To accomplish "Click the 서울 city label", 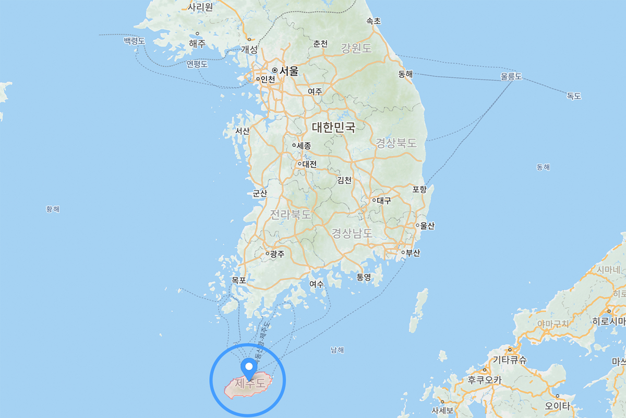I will pos(288,70).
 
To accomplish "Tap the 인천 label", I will pos(267,79).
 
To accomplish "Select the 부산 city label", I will pos(413,253).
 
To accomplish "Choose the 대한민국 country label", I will pos(333,127).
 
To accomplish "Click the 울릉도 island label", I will pos(511,77).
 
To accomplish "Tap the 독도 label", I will pos(574,96).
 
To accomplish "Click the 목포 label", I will pos(239,281).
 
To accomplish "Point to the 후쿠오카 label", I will pos(484,380).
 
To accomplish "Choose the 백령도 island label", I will pos(134,41).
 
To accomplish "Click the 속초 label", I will pos(374,21).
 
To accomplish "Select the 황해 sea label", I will pos(53,209).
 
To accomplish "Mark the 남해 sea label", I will pos(338,350).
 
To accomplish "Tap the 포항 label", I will pos(419,189).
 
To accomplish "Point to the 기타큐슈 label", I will pos(510,360).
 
